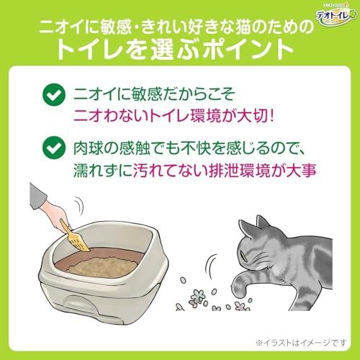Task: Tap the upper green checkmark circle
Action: pos(51,94)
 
